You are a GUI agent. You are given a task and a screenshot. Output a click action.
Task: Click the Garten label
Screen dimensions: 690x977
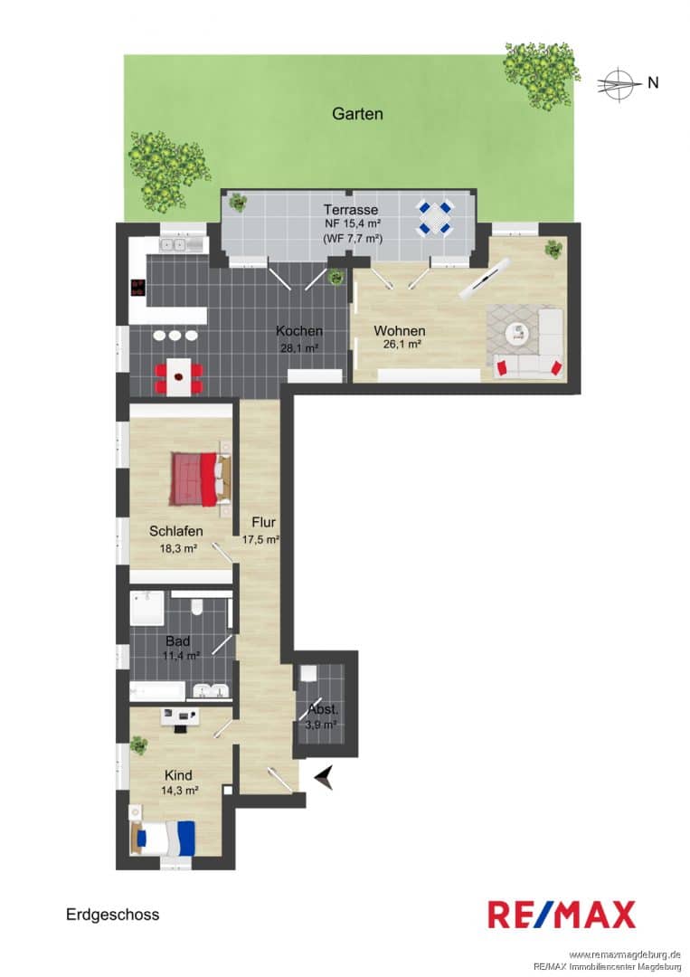[x=357, y=114]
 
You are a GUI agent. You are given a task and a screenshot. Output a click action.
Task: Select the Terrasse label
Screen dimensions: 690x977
[x=350, y=210]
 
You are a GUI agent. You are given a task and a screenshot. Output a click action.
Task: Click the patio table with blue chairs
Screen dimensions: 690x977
[x=435, y=217]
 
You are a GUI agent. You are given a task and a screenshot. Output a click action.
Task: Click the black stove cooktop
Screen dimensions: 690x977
[x=137, y=288]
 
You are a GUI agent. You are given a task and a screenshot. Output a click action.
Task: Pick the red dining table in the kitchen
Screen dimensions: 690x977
[x=179, y=376]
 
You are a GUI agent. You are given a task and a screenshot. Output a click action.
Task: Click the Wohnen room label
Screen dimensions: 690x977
[x=399, y=330]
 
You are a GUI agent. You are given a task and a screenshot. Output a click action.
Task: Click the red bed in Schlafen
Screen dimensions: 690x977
[x=201, y=479]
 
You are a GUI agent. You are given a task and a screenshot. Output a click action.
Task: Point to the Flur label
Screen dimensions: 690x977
[x=263, y=522]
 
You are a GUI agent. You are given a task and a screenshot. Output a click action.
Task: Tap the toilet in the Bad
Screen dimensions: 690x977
[x=197, y=605]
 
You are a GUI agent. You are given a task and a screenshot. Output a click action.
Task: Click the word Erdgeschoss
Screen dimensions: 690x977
[x=113, y=914]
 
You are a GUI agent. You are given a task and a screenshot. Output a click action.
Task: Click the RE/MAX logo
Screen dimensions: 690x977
[x=562, y=915]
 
